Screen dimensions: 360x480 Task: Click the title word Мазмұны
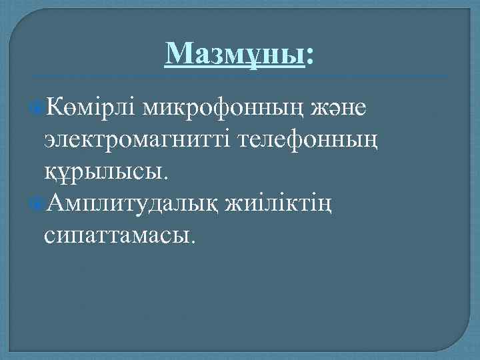click(235, 53)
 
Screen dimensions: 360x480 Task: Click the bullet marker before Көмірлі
click(38, 108)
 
